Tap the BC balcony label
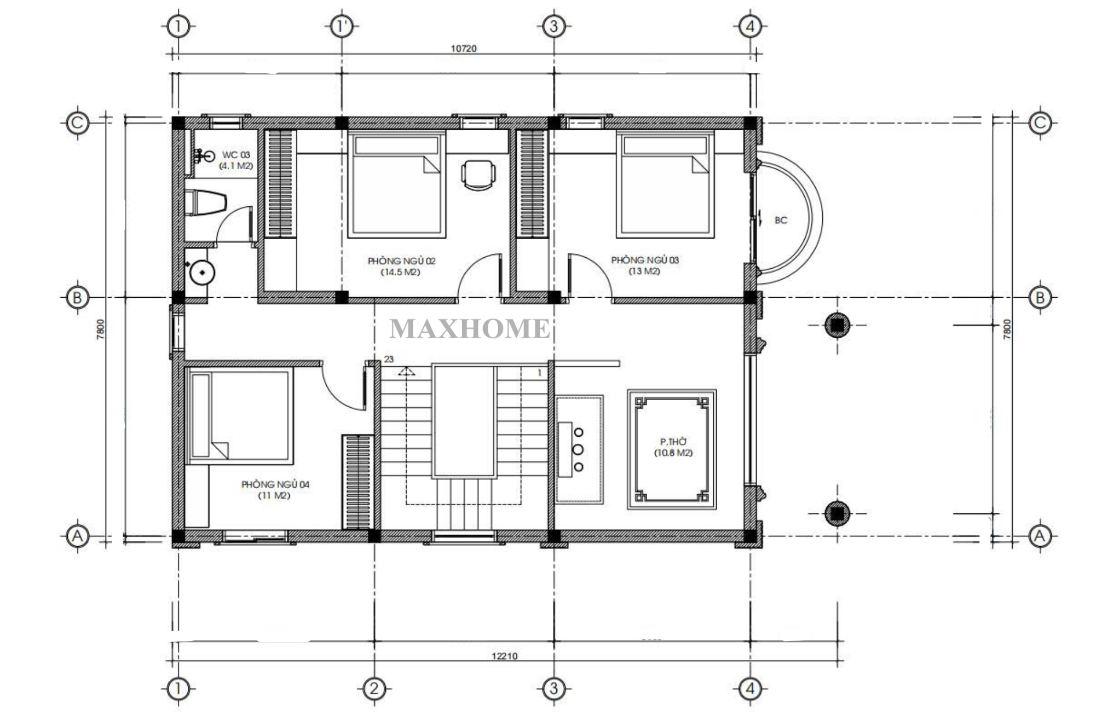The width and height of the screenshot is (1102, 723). [781, 220]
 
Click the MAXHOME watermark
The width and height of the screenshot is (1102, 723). [470, 328]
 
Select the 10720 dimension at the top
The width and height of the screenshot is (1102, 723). [464, 48]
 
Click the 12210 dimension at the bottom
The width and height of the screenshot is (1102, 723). [504, 656]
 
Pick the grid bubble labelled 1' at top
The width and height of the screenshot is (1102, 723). [342, 26]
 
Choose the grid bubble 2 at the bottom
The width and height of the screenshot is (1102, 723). [374, 689]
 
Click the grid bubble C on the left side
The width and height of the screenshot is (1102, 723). [77, 123]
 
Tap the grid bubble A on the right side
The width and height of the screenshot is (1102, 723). [1040, 536]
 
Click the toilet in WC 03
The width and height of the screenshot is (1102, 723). [205, 203]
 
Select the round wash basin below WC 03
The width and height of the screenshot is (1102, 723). [202, 273]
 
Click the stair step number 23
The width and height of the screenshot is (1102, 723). [389, 359]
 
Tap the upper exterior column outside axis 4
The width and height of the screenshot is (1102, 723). [837, 326]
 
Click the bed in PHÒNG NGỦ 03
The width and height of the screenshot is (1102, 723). [665, 185]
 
